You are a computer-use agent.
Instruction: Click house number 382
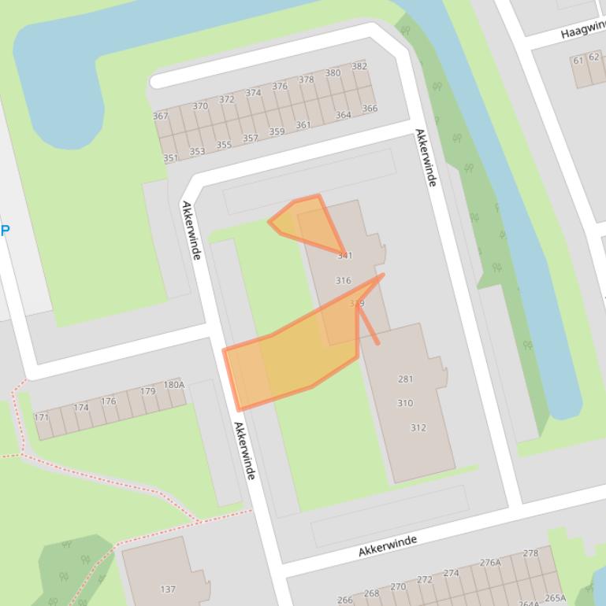pos(359,66)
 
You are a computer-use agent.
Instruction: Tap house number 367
pos(160,116)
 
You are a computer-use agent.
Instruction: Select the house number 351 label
pos(170,157)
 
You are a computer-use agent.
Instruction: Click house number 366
pos(369,109)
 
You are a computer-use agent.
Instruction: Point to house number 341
pos(344,255)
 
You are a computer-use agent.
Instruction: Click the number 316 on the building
pos(343,280)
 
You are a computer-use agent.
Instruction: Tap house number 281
pos(405,379)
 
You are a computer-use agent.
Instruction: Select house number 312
pos(418,427)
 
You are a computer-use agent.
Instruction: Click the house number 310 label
pos(405,403)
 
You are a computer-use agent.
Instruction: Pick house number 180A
pos(174,385)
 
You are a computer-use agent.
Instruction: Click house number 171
pos(41,417)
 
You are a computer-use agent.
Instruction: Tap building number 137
pos(168,589)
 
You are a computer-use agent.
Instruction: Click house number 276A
pos(490,562)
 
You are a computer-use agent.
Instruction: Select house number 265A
pos(555,597)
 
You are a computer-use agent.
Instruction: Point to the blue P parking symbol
pos(5,231)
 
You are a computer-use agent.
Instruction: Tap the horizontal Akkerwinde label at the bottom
pos(387,545)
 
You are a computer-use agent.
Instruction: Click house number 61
pos(578,60)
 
